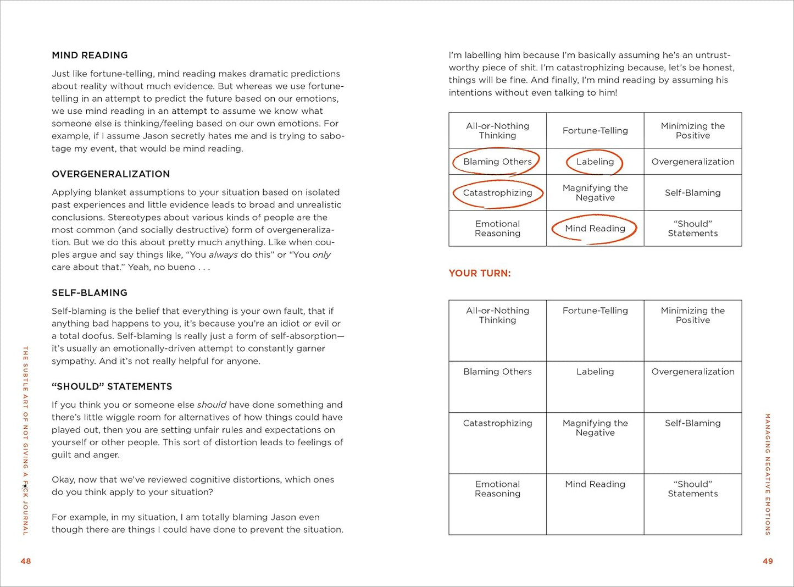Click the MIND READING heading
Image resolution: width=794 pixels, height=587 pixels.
pos(90,55)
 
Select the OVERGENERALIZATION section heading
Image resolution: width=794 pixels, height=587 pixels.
pos(110,174)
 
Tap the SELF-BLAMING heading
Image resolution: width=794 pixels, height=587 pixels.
pos(89,292)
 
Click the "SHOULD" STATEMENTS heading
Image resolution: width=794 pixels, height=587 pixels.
pos(112,386)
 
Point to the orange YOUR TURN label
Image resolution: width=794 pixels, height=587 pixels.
pos(479,273)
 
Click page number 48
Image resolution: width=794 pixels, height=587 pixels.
pos(26,561)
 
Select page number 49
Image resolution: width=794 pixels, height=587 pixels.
pos(768,561)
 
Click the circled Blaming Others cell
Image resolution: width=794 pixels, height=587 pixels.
pos(497,162)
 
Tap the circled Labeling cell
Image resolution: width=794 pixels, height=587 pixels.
pos(595,162)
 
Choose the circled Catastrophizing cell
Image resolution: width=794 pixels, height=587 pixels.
pos(497,193)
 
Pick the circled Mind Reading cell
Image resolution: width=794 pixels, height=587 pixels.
pos(595,228)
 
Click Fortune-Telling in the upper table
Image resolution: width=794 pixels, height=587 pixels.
pos(595,130)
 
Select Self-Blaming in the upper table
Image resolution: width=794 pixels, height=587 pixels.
pos(692,193)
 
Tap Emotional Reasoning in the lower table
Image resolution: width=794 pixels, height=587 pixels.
pos(497,489)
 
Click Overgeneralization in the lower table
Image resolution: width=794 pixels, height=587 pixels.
pos(692,372)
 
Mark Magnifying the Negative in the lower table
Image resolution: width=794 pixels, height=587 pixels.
pos(595,428)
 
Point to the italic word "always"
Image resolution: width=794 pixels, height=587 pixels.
pos(223,254)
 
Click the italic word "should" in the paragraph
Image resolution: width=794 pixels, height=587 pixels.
pos(212,405)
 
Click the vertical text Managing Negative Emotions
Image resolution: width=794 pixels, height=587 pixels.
pos(768,474)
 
